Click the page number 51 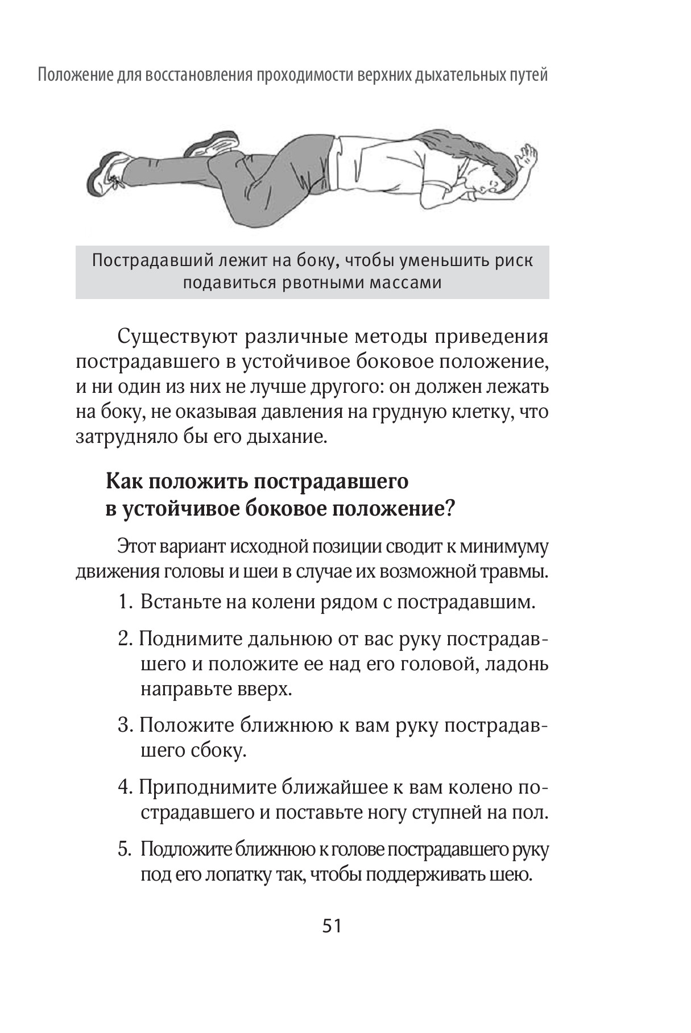pos(332,926)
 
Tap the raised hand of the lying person pos(527,154)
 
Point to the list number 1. pos(125,602)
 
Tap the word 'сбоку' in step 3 pos(222,751)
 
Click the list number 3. pos(125,726)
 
